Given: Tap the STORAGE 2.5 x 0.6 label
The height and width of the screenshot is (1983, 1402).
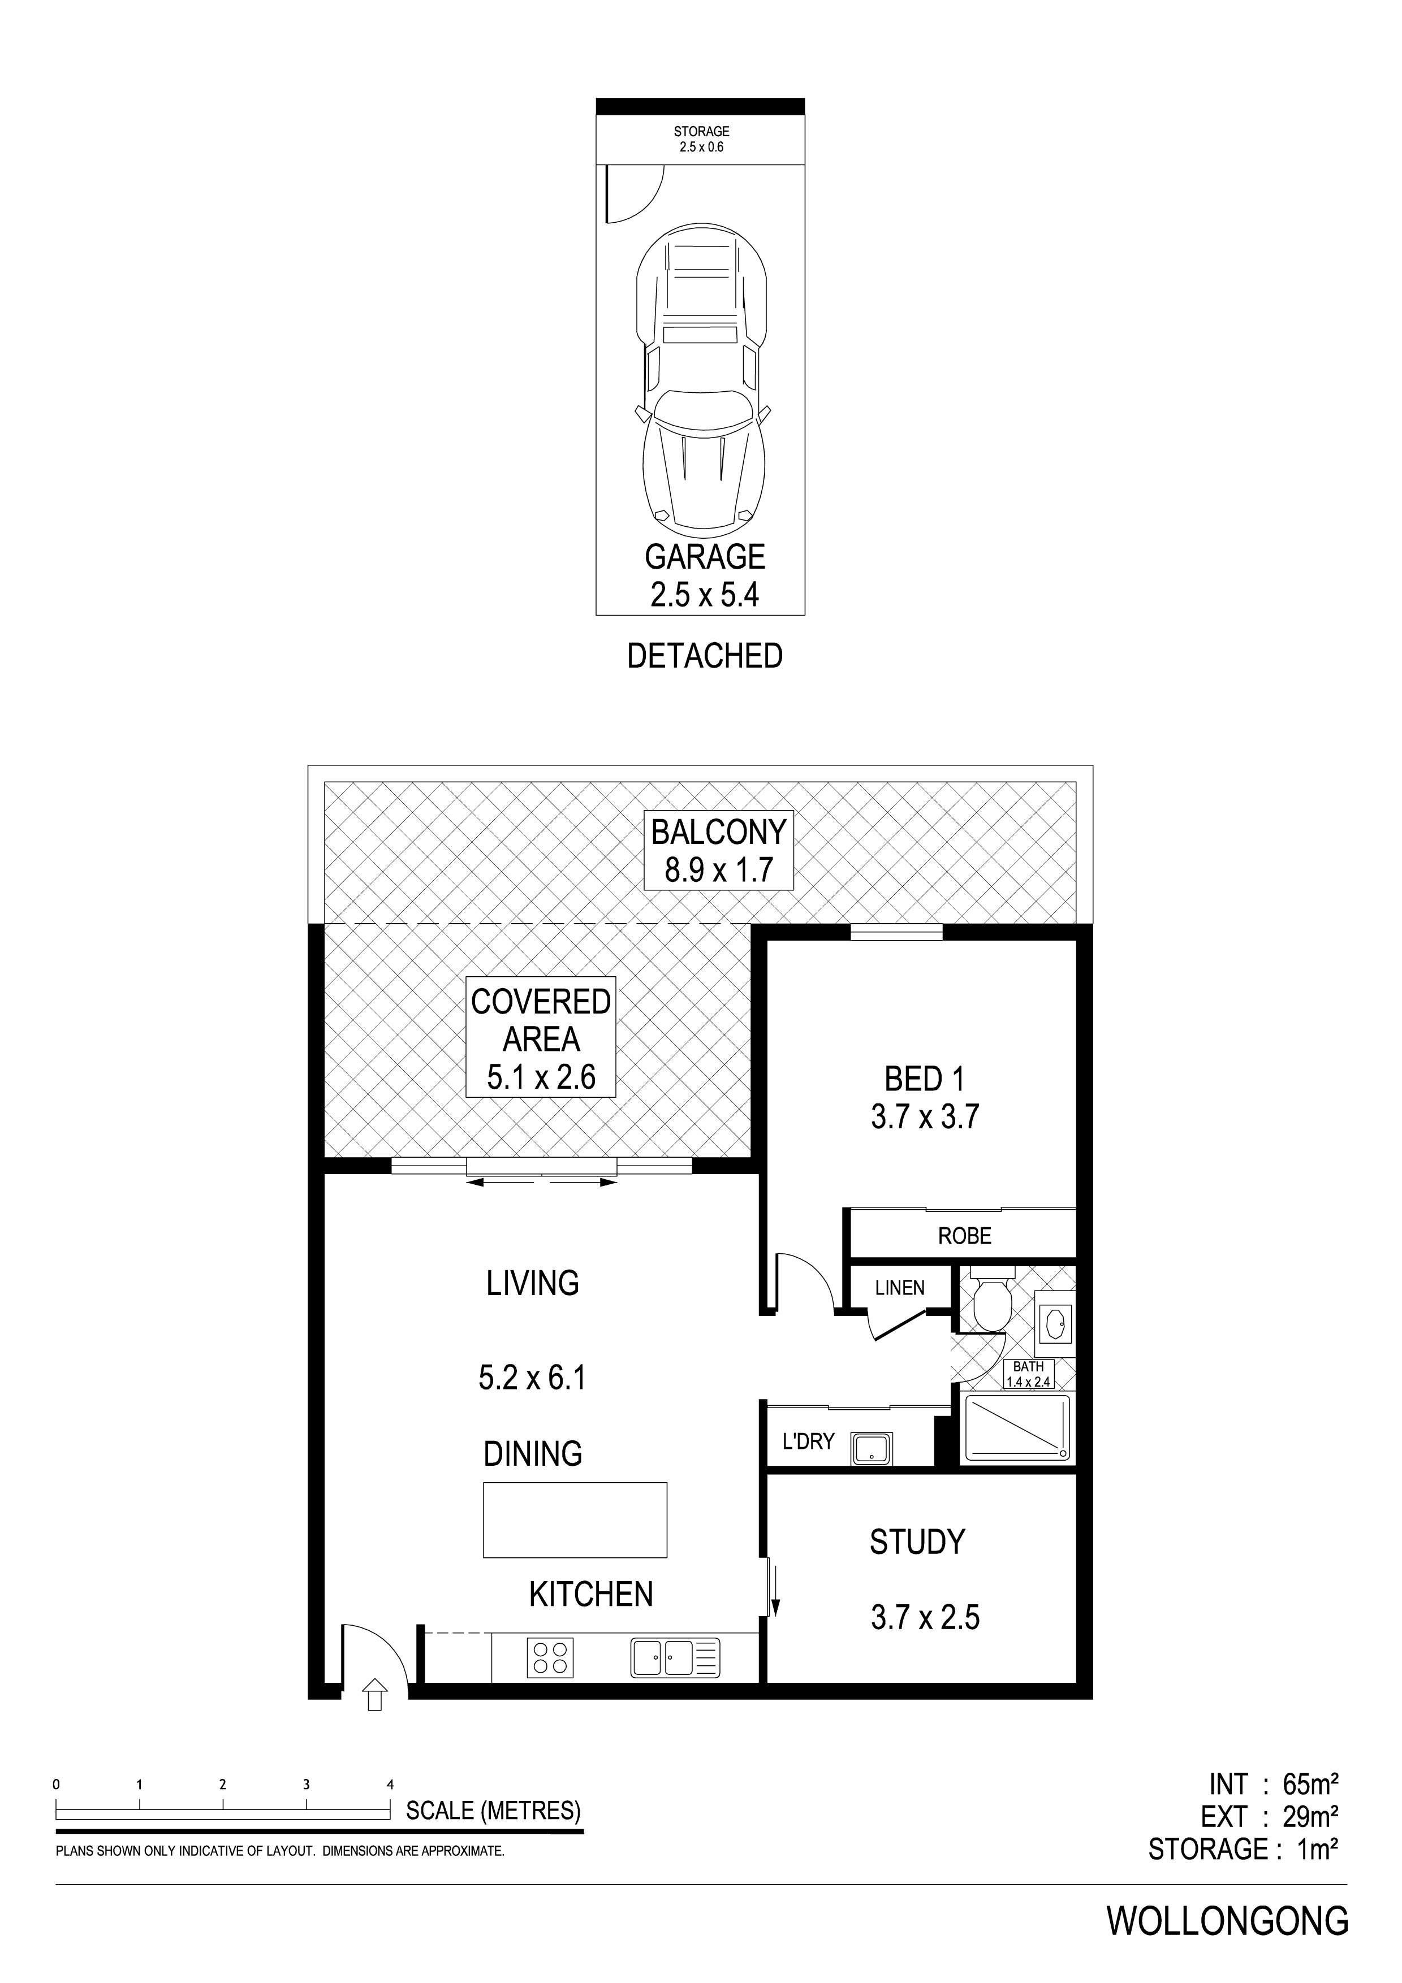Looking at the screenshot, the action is pos(701,139).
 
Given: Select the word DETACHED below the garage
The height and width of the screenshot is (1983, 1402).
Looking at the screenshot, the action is pos(704,656).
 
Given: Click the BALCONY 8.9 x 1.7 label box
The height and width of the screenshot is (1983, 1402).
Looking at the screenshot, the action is pos(719,851).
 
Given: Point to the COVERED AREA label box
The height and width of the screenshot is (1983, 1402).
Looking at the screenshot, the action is pos(541,1036).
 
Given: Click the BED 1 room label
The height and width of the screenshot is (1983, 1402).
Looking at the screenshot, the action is pos(924,1080).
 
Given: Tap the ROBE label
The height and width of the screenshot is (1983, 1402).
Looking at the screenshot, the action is pos(964,1236).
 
